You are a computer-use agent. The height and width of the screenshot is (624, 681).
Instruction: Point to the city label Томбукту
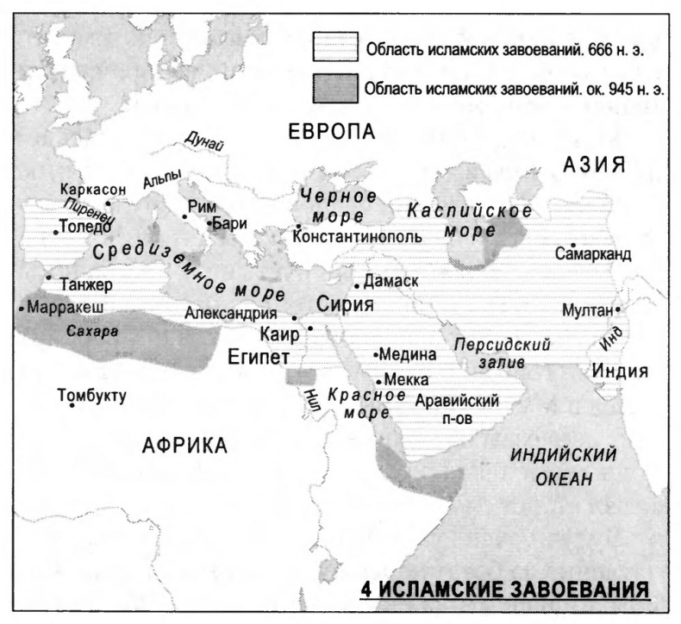(x=91, y=396)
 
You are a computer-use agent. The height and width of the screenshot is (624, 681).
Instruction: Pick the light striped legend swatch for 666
(x=334, y=47)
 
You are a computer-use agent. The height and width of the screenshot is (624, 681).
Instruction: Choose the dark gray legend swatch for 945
(x=334, y=86)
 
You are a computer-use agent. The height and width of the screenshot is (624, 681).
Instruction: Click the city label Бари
(x=230, y=222)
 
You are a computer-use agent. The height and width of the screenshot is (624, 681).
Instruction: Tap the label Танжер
(x=86, y=284)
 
